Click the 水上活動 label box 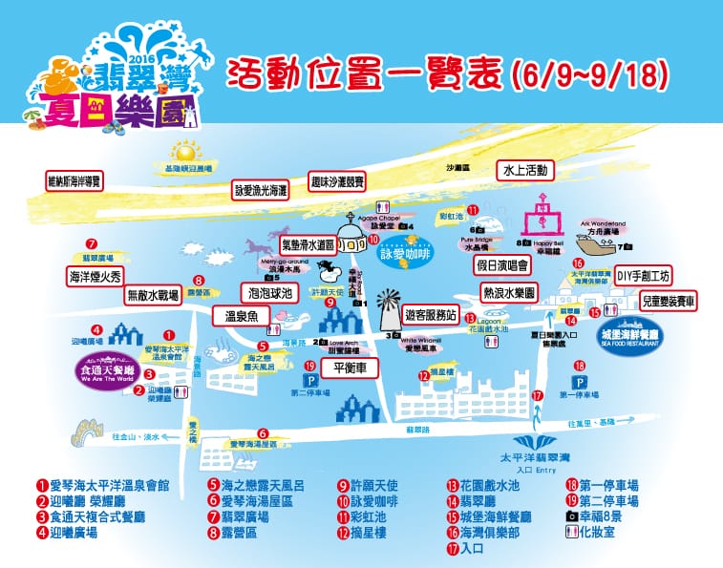pyautogui.click(x=526, y=170)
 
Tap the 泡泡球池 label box pyautogui.click(x=268, y=293)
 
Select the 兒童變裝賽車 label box pyautogui.click(x=669, y=300)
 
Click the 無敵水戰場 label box pyautogui.click(x=154, y=296)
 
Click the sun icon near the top pyautogui.click(x=183, y=151)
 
